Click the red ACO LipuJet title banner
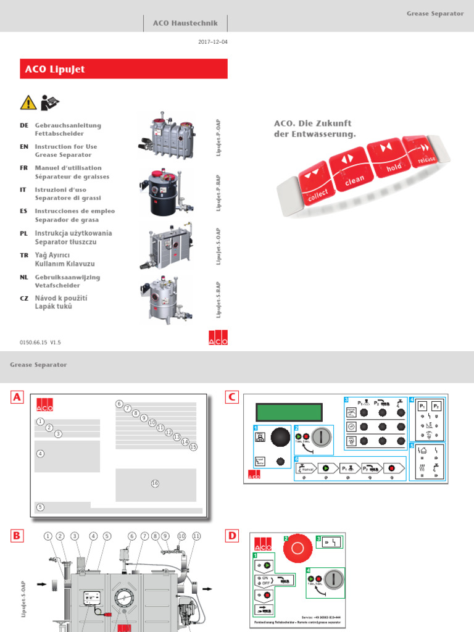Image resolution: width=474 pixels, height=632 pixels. coord(123,69)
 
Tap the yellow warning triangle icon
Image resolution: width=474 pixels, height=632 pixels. coord(27,102)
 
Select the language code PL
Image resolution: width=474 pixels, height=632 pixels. coord(24,233)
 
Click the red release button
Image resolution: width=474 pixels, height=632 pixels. coord(425,150)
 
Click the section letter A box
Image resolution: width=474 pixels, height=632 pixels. coord(17,398)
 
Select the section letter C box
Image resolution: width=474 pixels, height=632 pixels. coord(232,398)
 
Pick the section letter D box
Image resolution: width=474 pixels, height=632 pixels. coord(232,536)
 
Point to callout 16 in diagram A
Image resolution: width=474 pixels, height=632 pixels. coord(155,483)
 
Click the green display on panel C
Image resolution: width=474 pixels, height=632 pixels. coord(290,411)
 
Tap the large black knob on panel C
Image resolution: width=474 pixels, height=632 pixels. coord(280,436)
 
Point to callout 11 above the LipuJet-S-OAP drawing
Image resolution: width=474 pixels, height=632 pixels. coord(196,536)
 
